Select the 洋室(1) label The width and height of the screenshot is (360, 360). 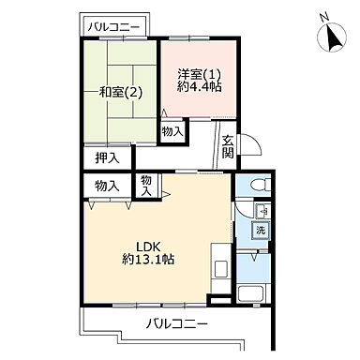tap(198, 74)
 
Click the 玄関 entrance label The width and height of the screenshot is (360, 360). tap(228, 148)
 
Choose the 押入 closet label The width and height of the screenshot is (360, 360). tap(108, 159)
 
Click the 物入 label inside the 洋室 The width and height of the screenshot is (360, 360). tap(172, 131)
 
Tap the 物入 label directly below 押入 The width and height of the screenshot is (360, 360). tap(108, 186)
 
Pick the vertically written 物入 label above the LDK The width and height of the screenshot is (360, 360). tap(146, 185)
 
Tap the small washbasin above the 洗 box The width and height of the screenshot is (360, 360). tap(263, 210)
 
